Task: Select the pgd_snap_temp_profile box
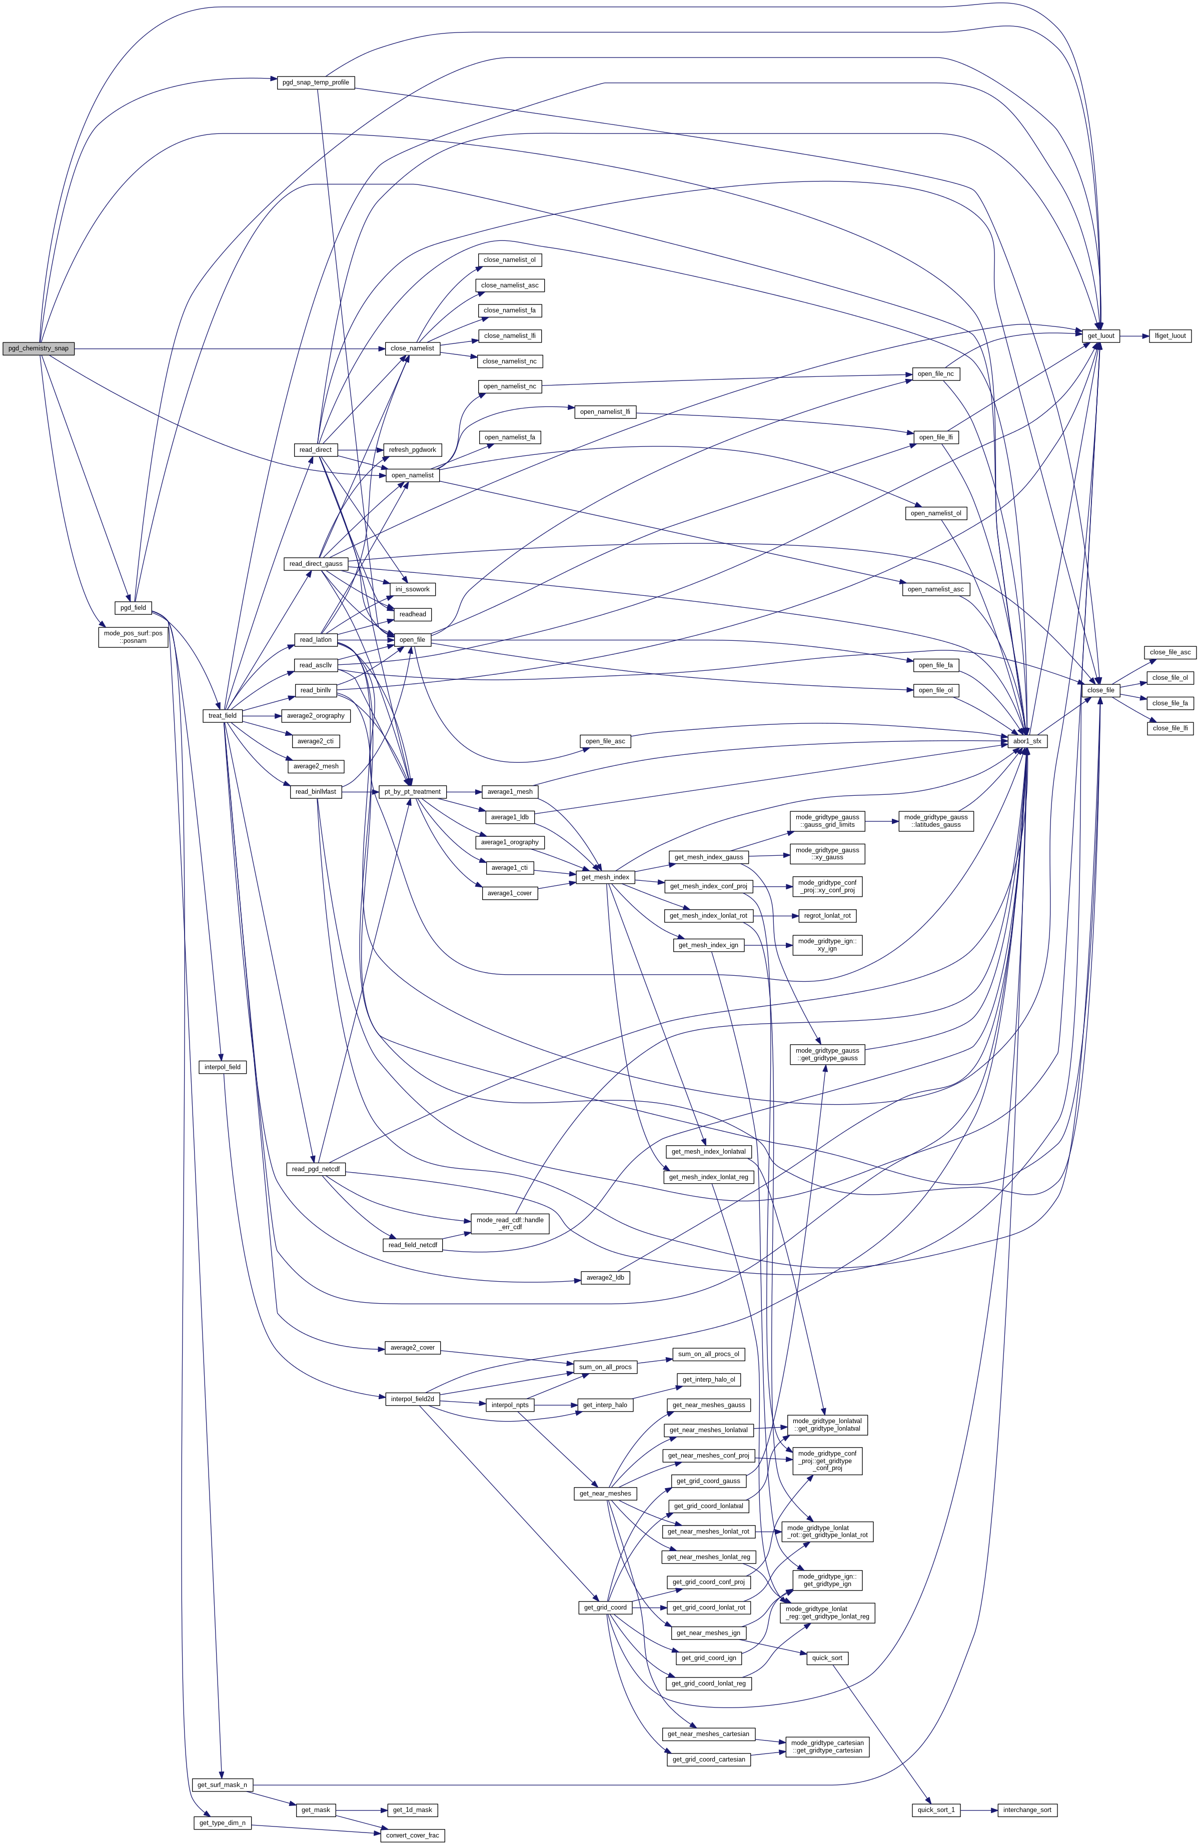[316, 82]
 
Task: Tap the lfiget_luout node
[1170, 336]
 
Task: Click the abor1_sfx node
[1029, 742]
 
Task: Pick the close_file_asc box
[1170, 653]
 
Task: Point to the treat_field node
[223, 715]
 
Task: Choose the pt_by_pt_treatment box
[411, 791]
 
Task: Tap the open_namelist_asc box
[936, 589]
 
